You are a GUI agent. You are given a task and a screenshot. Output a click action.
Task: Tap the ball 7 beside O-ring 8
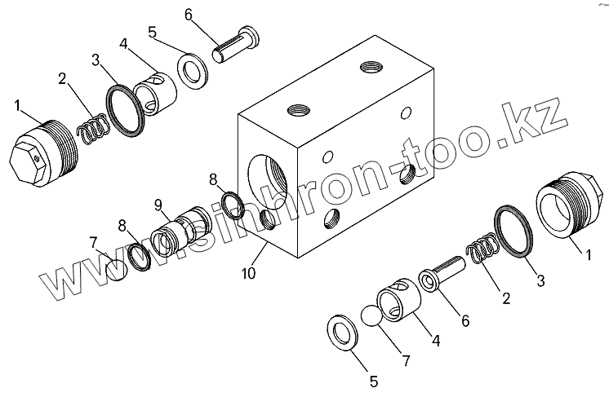119,267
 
